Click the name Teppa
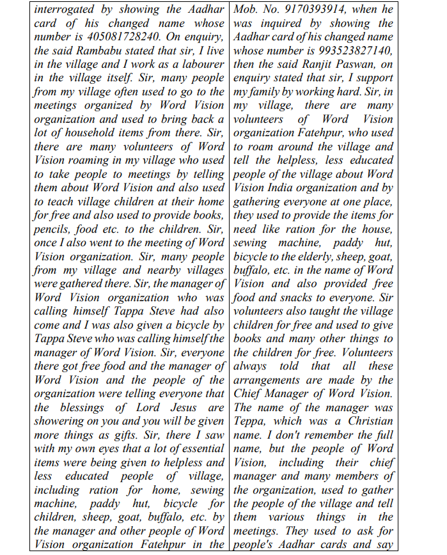(x=251, y=421)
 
